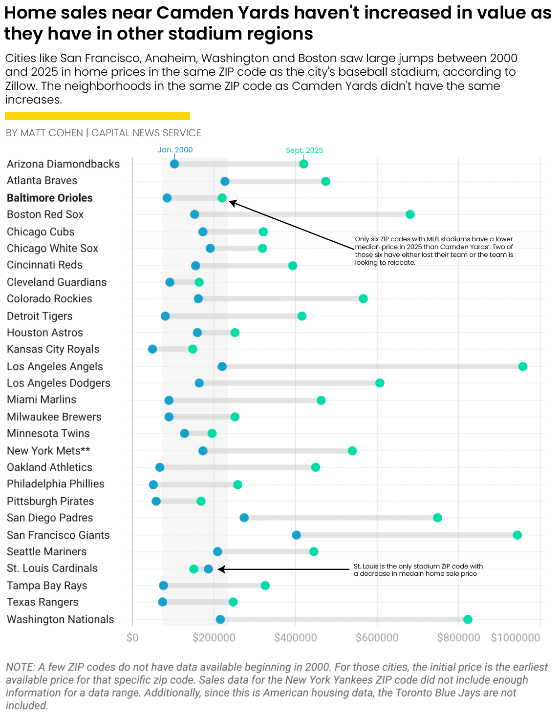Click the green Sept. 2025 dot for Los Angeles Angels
pos(522,366)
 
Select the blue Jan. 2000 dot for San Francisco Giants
pos(296,535)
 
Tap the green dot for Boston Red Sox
pos(410,214)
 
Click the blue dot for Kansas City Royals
pos(152,349)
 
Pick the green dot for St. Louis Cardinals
pos(194,568)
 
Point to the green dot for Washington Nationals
pos(468,619)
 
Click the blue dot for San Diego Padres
pos(244,518)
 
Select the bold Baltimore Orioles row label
pos(49,198)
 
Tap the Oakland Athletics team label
pos(49,467)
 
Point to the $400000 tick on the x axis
pos(295,637)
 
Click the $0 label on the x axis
pos(132,637)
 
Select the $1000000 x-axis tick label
pos(516,637)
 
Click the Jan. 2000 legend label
pos(175,150)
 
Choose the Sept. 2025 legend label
pos(304,150)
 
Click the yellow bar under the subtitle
pos(97,116)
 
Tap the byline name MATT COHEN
pos(52,133)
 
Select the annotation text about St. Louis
pos(418,569)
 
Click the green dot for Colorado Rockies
pos(363,298)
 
